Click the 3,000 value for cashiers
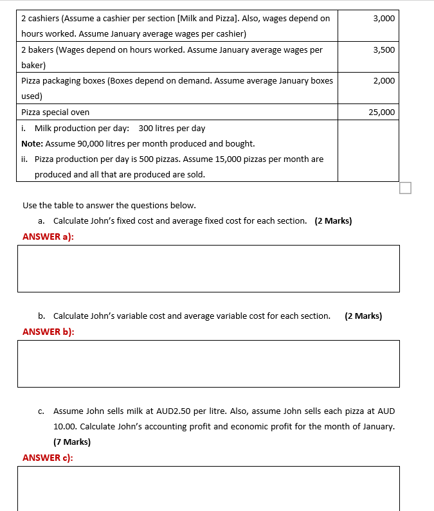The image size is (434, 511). tap(383, 19)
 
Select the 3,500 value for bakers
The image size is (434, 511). tap(383, 49)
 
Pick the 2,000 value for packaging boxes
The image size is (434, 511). tap(383, 80)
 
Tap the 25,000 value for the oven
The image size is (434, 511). tap(381, 112)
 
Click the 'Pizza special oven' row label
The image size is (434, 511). tap(55, 112)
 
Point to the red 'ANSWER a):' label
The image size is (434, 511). tap(48, 237)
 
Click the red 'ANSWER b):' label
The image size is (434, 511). tap(48, 332)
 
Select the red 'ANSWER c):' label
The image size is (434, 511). tap(48, 458)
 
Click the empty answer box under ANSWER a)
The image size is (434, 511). tap(208, 269)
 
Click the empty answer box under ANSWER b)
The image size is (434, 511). tap(208, 364)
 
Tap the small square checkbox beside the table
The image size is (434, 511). tap(404, 188)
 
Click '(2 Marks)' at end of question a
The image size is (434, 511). tap(333, 220)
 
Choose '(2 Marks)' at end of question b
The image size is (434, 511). tap(363, 316)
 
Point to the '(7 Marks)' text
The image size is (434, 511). tap(72, 442)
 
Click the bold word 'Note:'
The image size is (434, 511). tap(32, 143)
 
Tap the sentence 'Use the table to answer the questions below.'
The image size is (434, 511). tap(109, 205)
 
